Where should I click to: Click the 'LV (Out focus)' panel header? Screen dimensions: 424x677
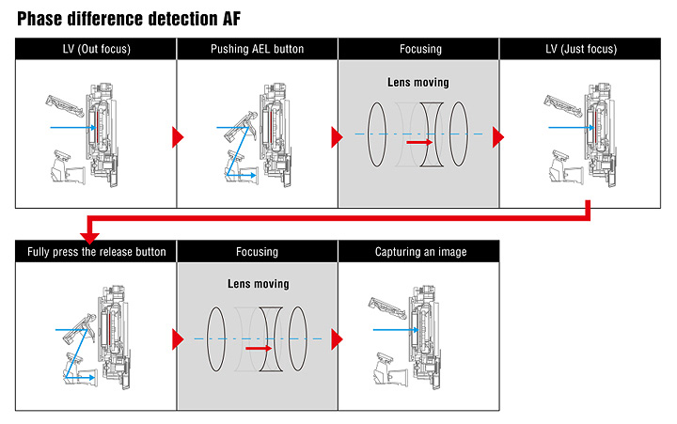tap(96, 49)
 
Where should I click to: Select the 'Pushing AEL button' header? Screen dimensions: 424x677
tap(257, 49)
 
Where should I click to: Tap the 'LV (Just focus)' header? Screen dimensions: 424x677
tap(578, 49)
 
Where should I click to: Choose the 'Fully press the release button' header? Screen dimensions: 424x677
tap(96, 252)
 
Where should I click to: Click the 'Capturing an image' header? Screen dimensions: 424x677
tap(418, 252)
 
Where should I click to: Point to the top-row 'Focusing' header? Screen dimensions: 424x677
tap(418, 49)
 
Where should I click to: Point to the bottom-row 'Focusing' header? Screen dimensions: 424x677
tap(257, 252)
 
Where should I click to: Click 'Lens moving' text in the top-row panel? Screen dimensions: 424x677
tap(418, 82)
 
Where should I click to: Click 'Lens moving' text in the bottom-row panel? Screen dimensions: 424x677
tap(257, 283)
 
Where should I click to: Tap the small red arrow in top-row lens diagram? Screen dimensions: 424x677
tap(419, 143)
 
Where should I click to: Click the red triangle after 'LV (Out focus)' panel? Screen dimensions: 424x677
tap(177, 138)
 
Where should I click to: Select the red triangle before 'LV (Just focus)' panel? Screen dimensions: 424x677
tap(498, 138)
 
